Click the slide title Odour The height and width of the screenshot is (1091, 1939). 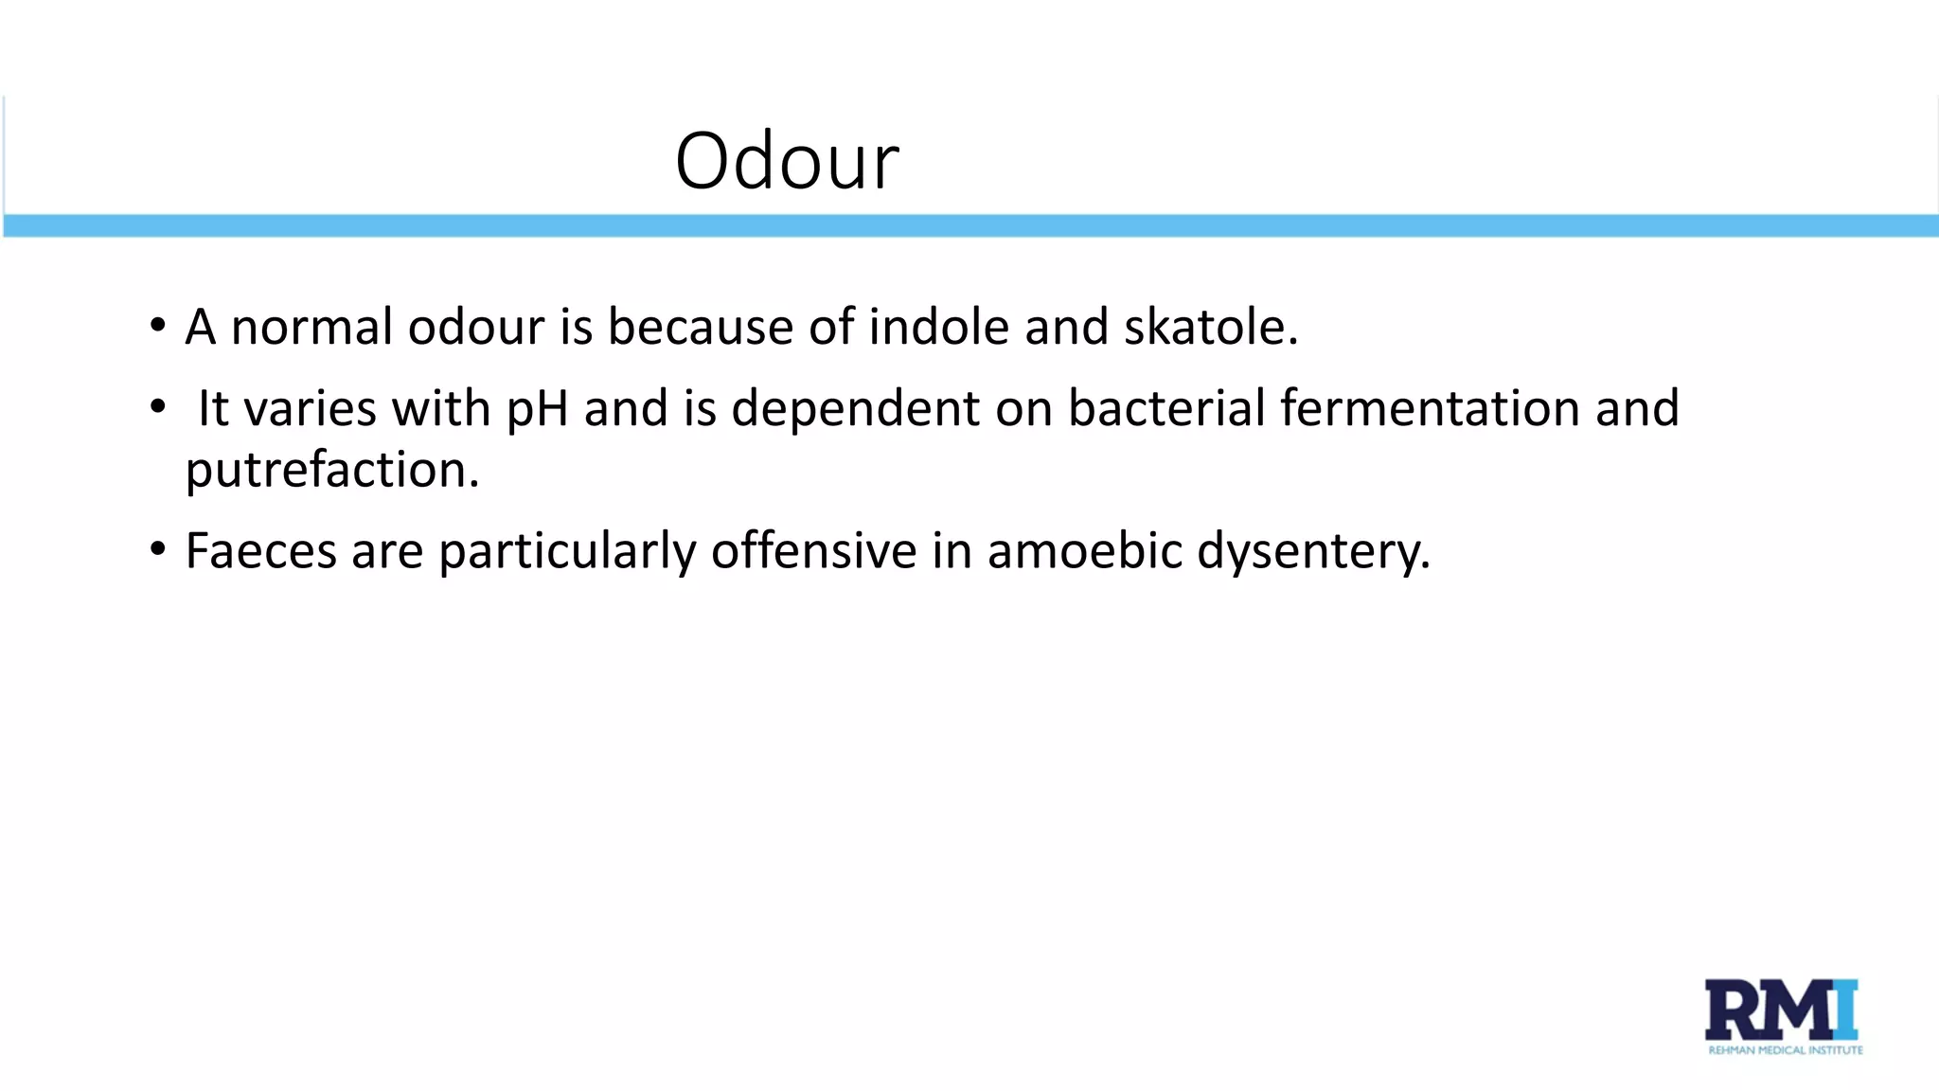pyautogui.click(x=787, y=161)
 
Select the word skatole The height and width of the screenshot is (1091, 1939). pyautogui.click(x=1210, y=328)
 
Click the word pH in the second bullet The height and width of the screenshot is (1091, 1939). pyautogui.click(x=537, y=409)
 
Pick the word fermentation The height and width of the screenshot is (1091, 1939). pyautogui.click(x=1430, y=409)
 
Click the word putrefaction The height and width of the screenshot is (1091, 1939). pyautogui.click(x=331, y=471)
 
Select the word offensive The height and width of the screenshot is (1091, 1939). pyautogui.click(x=813, y=551)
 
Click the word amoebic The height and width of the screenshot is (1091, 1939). pyautogui.click(x=1084, y=551)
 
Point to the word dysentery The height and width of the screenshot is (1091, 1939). pyautogui.click(x=1312, y=551)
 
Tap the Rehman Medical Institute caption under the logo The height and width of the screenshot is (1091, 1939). pyautogui.click(x=1785, y=1050)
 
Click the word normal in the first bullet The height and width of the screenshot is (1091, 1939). pyautogui.click(x=311, y=328)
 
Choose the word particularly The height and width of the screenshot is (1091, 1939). pyautogui.click(x=567, y=551)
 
